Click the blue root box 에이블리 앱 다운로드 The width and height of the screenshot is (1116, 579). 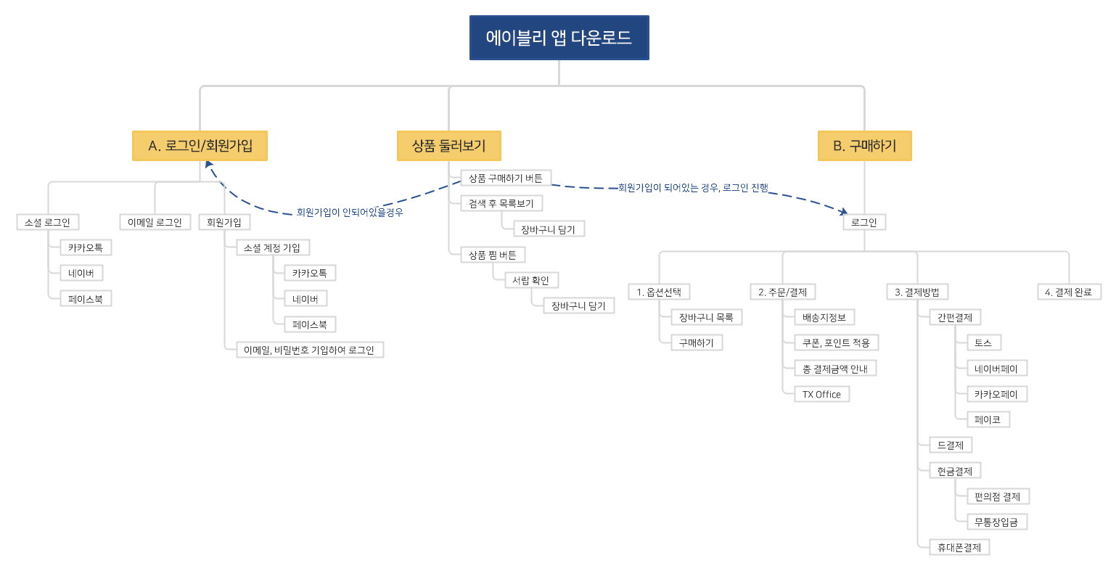[x=559, y=38]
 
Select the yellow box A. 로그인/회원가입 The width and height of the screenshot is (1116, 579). [x=200, y=146]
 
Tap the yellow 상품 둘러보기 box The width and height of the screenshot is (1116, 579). [x=448, y=146]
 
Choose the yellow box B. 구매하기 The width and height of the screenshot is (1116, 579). [x=864, y=146]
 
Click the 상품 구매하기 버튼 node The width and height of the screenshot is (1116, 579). [x=506, y=178]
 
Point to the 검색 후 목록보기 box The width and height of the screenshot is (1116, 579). [x=501, y=204]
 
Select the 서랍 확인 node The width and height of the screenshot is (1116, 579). [x=530, y=281]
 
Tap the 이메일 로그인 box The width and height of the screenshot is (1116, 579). [x=155, y=222]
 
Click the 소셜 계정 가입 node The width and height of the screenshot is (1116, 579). [x=273, y=248]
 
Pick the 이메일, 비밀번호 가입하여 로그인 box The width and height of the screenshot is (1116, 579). [x=310, y=350]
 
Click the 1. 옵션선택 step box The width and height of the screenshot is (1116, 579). [x=659, y=292]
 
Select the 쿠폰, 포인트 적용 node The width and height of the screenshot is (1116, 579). [x=836, y=343]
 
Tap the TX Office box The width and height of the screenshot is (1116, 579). [x=821, y=395]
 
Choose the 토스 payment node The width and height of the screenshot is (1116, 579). [x=983, y=343]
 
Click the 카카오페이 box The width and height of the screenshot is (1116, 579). [x=996, y=395]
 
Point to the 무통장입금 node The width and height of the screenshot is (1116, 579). [x=996, y=522]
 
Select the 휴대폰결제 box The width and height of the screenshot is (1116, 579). [x=959, y=548]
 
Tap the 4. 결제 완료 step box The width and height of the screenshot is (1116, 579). [x=1068, y=292]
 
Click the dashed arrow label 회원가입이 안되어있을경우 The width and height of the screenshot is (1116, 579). [x=350, y=213]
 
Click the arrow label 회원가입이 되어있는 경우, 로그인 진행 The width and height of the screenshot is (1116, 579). [x=693, y=188]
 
